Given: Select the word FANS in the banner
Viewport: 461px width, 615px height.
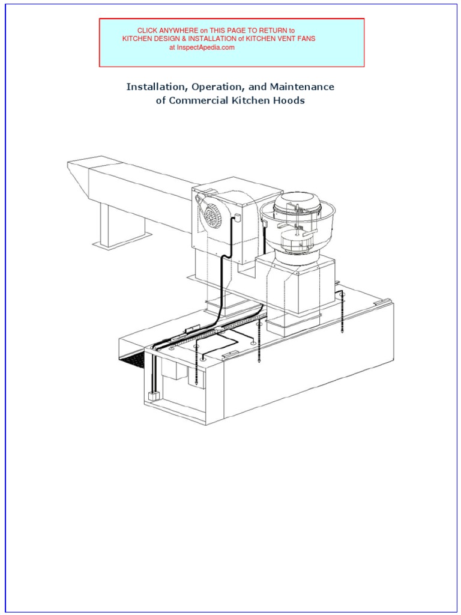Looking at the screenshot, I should click(x=305, y=38).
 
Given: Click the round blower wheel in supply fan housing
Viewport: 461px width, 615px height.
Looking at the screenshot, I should click(x=212, y=215).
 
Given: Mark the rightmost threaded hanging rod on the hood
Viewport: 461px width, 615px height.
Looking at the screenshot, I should click(x=342, y=312).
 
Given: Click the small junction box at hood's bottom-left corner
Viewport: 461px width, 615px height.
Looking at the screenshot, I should click(x=152, y=396).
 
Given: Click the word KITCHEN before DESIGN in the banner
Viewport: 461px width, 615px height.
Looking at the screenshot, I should click(x=138, y=38).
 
